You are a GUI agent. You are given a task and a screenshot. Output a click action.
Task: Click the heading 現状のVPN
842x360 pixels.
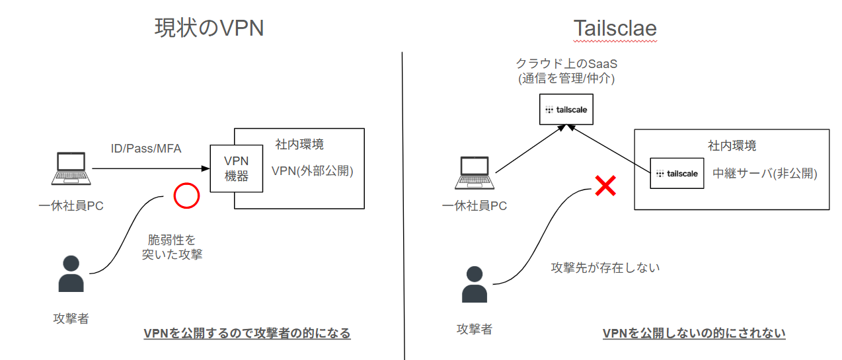click(x=209, y=28)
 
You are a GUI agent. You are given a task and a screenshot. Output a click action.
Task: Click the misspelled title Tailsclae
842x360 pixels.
click(x=615, y=29)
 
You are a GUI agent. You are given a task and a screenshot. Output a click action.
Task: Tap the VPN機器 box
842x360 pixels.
click(x=236, y=168)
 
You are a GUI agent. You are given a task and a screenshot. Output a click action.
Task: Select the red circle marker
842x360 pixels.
click(x=186, y=196)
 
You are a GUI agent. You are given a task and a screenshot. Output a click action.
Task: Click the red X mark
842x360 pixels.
click(x=605, y=186)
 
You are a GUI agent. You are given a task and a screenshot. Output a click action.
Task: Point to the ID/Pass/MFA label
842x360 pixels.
click(x=145, y=149)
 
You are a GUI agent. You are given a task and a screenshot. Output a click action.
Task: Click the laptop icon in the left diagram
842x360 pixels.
click(x=71, y=169)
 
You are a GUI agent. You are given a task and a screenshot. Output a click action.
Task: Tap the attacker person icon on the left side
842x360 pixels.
click(x=71, y=273)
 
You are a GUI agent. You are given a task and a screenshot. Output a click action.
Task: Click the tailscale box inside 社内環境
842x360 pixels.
click(x=677, y=174)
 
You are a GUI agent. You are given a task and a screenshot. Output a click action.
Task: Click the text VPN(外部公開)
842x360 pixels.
click(x=313, y=171)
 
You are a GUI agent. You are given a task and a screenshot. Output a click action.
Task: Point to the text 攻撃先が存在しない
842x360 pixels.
click(x=605, y=268)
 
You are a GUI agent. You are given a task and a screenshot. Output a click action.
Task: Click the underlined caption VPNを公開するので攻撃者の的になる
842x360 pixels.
click(x=247, y=333)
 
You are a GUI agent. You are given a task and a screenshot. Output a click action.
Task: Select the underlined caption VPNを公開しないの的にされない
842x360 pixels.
click(x=694, y=333)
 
